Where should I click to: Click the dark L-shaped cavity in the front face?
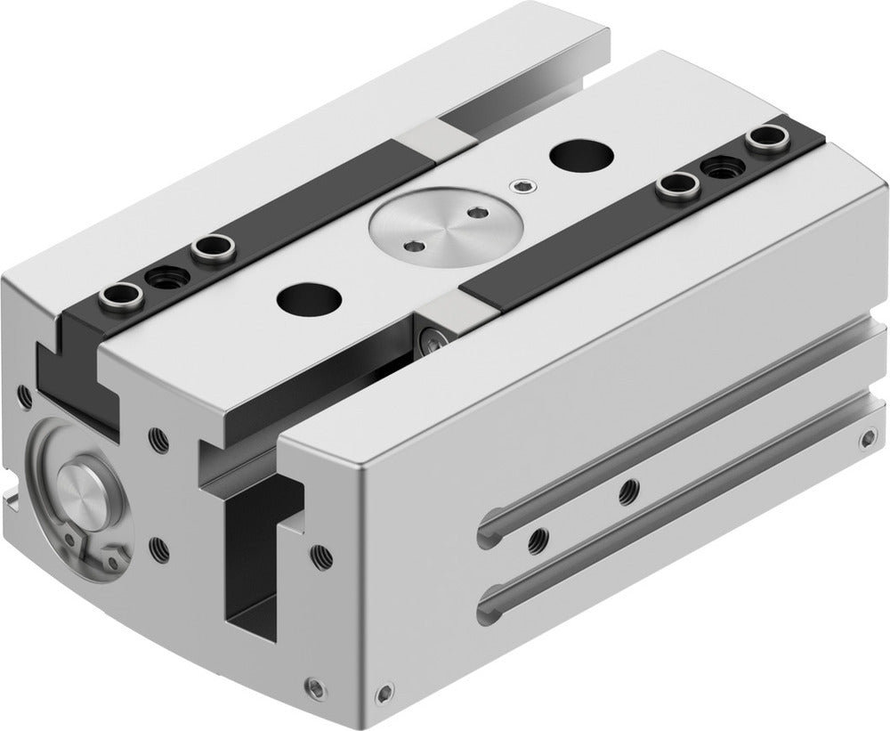click(x=258, y=561)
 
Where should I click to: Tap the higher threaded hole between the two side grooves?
click(x=629, y=486)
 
